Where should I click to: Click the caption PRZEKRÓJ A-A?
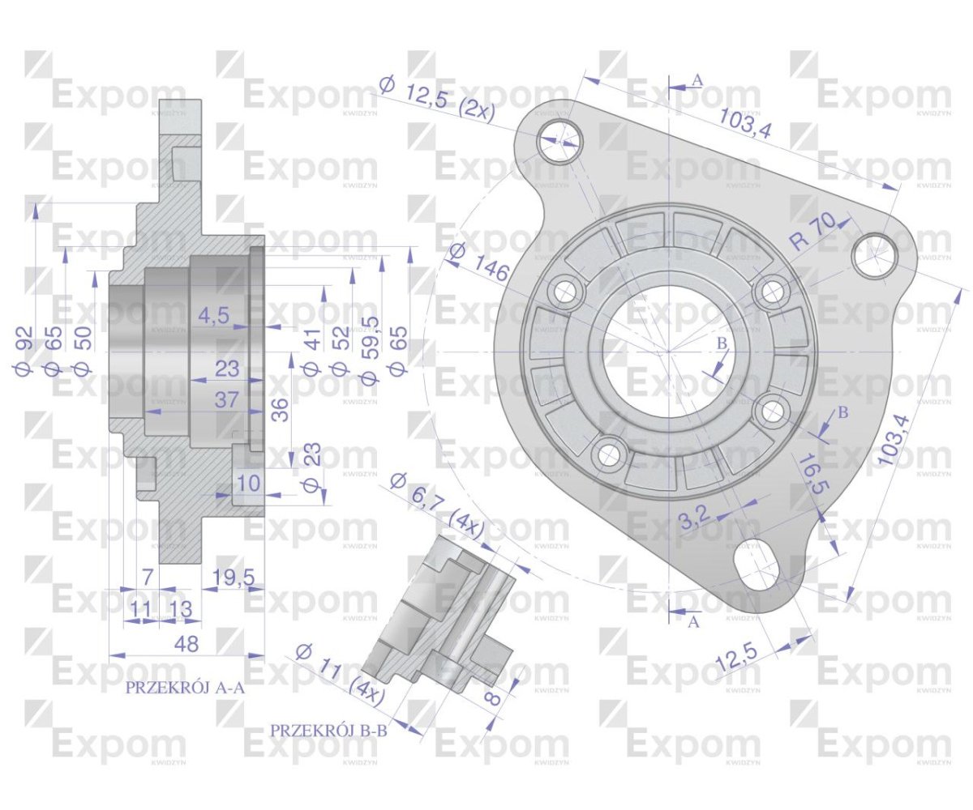pos(185,689)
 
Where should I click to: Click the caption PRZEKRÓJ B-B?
pos(329,731)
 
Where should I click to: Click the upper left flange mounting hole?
pos(559,139)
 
